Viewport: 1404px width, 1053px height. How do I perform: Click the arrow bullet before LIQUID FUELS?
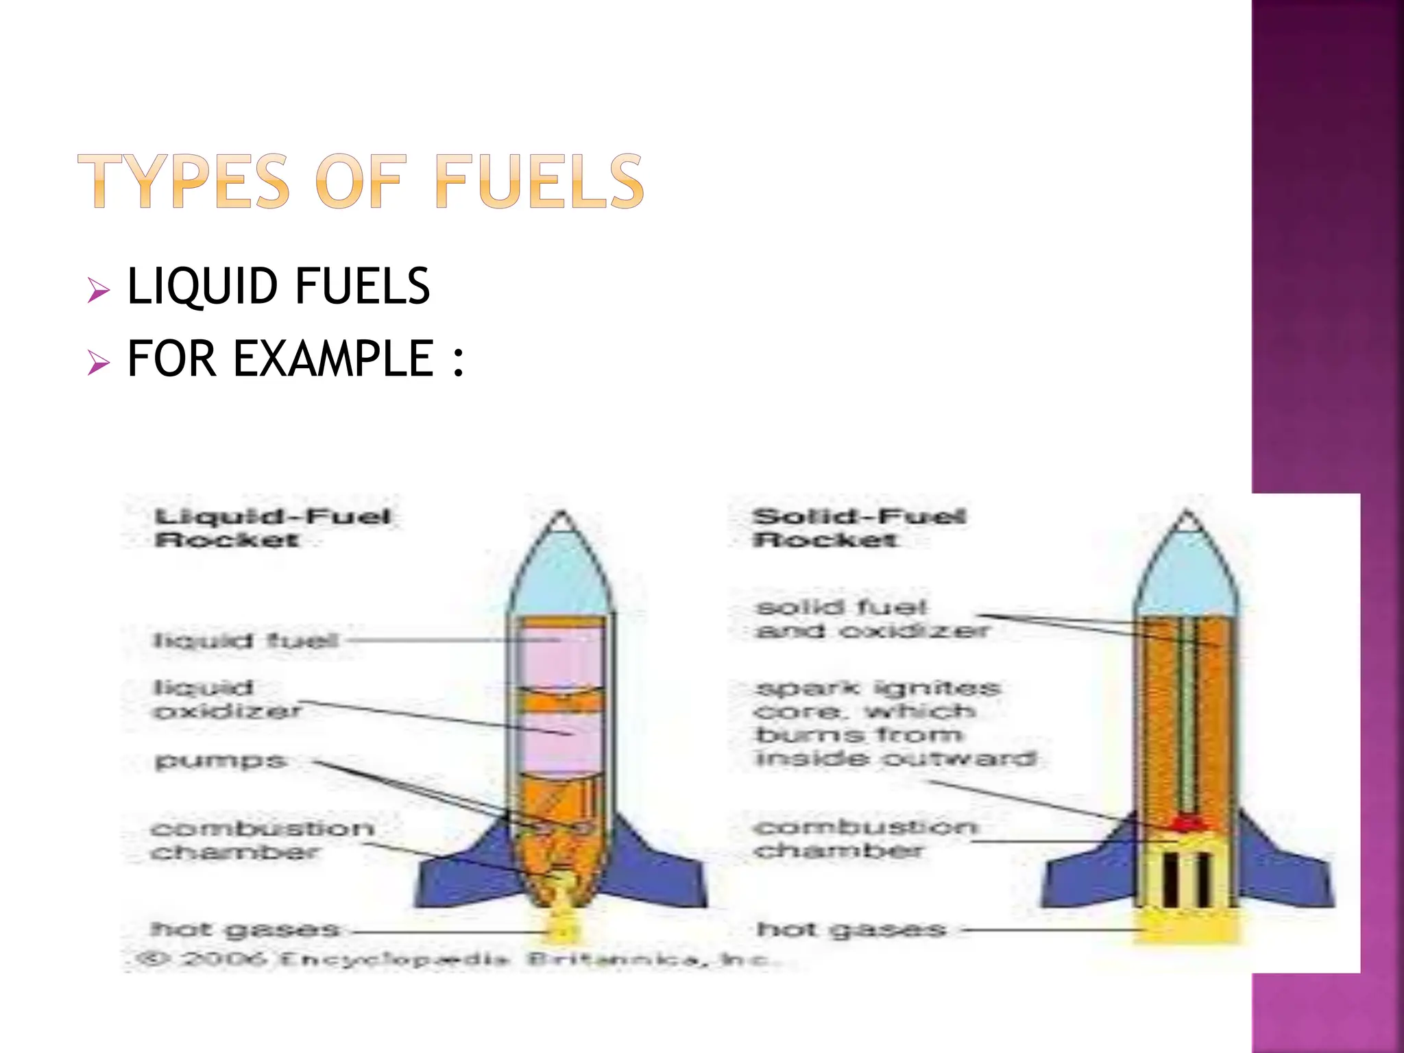99,291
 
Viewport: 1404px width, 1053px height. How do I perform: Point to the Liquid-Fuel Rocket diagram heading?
272,528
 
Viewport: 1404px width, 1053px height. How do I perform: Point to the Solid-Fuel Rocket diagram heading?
859,528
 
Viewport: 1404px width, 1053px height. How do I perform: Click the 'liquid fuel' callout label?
245,641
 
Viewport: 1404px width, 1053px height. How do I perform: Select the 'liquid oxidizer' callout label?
227,699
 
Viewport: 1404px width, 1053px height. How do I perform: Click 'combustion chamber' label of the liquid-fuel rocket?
261,840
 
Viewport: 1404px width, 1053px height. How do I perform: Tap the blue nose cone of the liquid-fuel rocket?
561,576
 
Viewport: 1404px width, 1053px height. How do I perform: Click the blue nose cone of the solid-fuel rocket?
1186,576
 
